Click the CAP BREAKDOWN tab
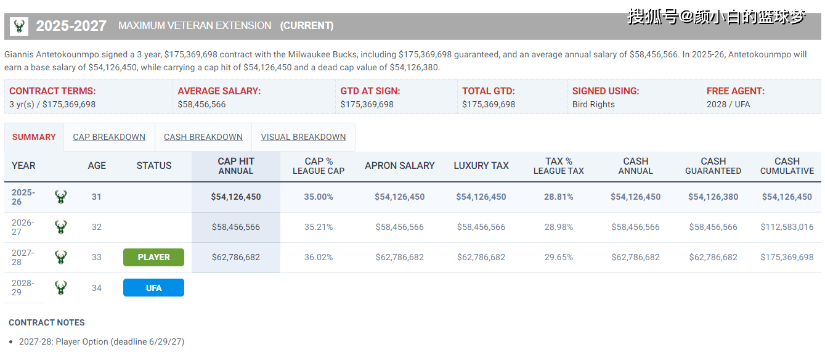[109, 137]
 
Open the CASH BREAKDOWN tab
[203, 137]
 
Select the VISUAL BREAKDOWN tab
[303, 137]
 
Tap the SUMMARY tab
[34, 137]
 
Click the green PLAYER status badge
[153, 257]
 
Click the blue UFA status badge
[153, 287]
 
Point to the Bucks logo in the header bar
[19, 26]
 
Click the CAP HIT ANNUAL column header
[235, 166]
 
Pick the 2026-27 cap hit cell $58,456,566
[235, 227]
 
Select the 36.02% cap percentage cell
[319, 257]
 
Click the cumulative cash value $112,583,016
[787, 227]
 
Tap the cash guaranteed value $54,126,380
[713, 197]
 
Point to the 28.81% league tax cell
[558, 197]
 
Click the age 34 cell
[97, 287]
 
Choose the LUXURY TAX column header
[481, 165]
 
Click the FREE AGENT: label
[735, 91]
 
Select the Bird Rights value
[593, 104]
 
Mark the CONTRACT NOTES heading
[47, 322]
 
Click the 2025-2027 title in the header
[71, 26]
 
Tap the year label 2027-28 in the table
[23, 257]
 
